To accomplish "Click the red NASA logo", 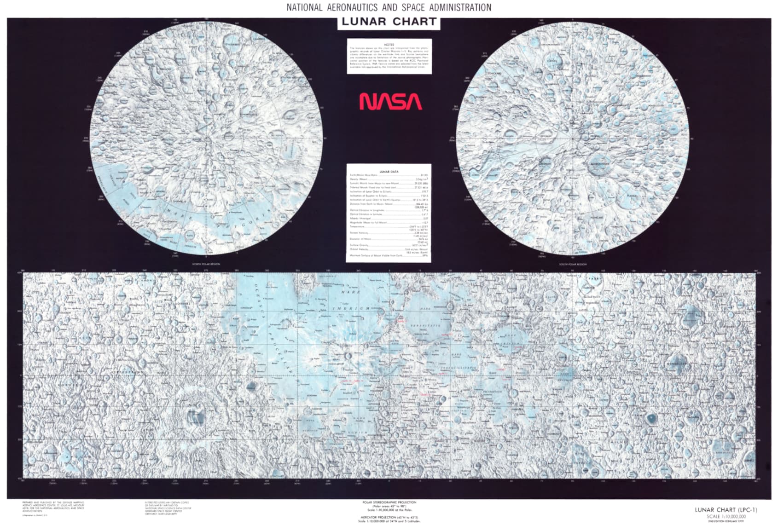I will (390, 102).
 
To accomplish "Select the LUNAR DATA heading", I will (389, 172).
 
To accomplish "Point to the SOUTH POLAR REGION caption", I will (573, 265).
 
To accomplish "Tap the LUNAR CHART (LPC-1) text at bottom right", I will (726, 510).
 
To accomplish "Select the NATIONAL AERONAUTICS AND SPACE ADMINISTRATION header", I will (389, 7).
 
